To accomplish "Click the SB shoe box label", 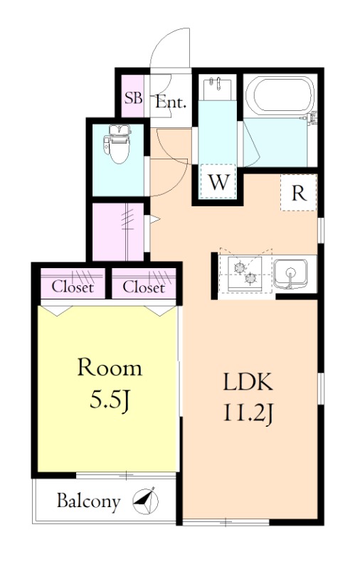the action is pyautogui.click(x=133, y=97).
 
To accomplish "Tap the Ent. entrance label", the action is pyautogui.click(x=171, y=102).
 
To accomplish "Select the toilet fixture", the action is pyautogui.click(x=117, y=144).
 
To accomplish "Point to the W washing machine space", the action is pyautogui.click(x=218, y=182).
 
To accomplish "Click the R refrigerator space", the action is pyautogui.click(x=299, y=193).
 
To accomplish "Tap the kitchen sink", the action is pyautogui.click(x=290, y=275).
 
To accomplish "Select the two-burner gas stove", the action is pyautogui.click(x=245, y=274).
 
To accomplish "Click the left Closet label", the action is pyautogui.click(x=73, y=287).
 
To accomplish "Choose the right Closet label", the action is pyautogui.click(x=144, y=287).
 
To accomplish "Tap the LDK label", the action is pyautogui.click(x=248, y=382).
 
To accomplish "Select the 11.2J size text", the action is pyautogui.click(x=248, y=415).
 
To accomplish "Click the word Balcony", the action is pyautogui.click(x=88, y=501).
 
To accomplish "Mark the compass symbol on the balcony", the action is pyautogui.click(x=146, y=501).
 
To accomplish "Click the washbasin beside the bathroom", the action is pyautogui.click(x=218, y=87).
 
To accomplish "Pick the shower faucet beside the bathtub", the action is pyautogui.click(x=312, y=118).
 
